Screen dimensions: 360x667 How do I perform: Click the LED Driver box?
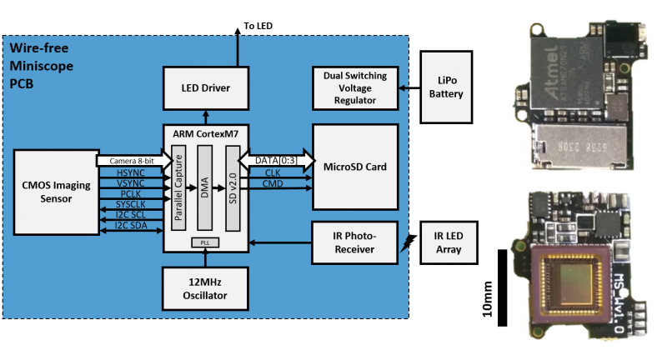(206, 87)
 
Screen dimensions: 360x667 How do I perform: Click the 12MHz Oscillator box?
(206, 287)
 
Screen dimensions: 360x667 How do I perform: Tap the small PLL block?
(205, 242)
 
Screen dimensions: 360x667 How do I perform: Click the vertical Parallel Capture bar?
(177, 188)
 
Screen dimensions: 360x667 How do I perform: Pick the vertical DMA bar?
(205, 188)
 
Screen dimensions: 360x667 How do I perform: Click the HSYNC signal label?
(132, 172)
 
